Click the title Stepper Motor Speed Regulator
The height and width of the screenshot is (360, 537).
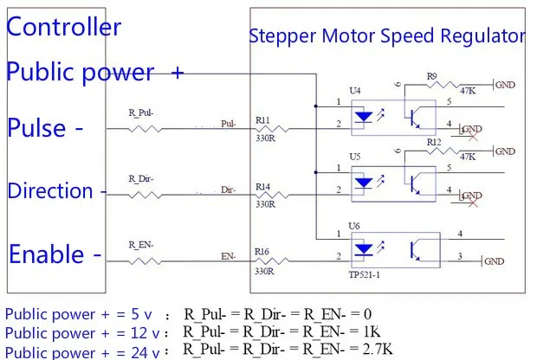point(387,36)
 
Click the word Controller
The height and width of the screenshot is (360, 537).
point(64,27)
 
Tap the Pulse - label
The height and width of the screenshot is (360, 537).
point(45,129)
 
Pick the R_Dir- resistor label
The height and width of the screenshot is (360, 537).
point(141,178)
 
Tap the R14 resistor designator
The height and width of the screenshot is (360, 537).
point(262,186)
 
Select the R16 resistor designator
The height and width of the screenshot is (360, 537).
point(262,252)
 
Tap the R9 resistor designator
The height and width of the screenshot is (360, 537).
point(431,76)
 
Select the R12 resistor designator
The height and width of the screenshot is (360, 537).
point(434,141)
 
